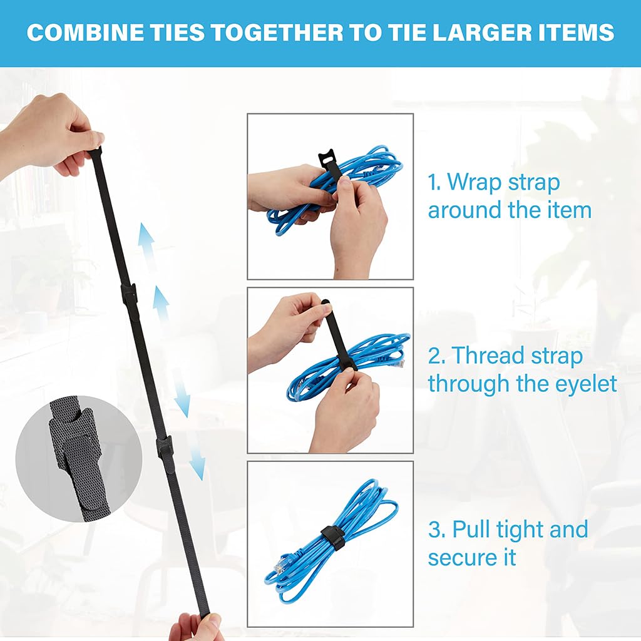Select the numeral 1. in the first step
[435, 183]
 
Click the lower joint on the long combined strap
[165, 447]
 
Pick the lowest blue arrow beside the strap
[197, 463]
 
